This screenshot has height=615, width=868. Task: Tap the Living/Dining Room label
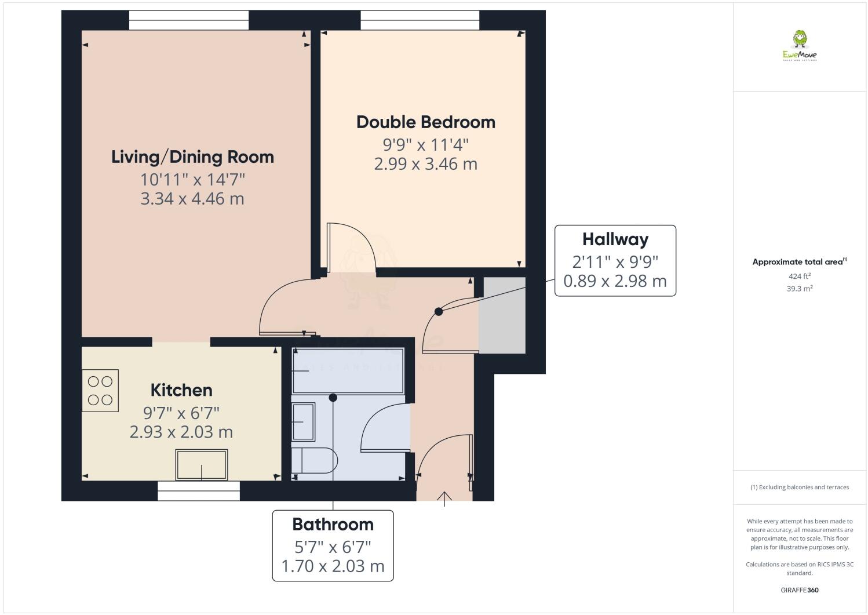[192, 157]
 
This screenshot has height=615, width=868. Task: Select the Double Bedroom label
[425, 122]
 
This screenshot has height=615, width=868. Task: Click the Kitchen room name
[181, 390]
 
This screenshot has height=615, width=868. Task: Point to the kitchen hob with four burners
[100, 391]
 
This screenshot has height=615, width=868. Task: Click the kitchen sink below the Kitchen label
[202, 465]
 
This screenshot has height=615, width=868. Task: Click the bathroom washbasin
[303, 422]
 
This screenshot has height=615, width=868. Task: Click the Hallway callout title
[615, 239]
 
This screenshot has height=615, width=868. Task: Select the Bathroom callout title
[333, 525]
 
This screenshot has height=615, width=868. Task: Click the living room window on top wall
[189, 20]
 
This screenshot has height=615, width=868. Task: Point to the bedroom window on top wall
[420, 20]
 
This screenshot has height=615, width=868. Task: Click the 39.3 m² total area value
[799, 288]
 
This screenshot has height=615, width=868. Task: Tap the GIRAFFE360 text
[799, 590]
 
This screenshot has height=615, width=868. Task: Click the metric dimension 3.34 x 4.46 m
[192, 199]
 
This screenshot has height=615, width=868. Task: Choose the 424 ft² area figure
[799, 276]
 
